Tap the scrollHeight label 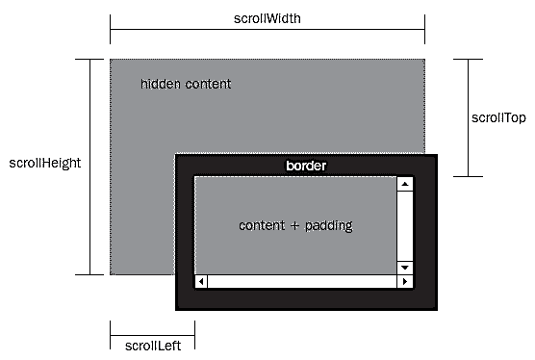(x=44, y=163)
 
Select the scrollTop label (x=498, y=117)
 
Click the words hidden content (x=186, y=84)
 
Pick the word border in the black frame (x=306, y=166)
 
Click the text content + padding (x=295, y=225)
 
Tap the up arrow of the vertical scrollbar (x=405, y=183)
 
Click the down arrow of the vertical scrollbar (x=405, y=267)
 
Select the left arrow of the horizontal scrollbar (x=201, y=281)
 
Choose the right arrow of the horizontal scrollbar (x=405, y=281)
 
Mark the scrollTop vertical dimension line (x=468, y=117)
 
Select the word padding (x=328, y=226)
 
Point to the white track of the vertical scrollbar (x=405, y=224)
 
